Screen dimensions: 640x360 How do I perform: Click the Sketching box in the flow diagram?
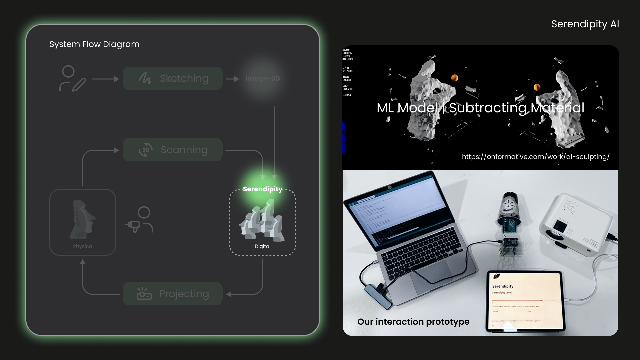(x=173, y=78)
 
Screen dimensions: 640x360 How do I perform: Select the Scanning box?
(x=173, y=150)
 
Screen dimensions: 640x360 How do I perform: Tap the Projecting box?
(x=173, y=294)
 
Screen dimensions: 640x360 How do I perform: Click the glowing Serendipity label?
(x=263, y=189)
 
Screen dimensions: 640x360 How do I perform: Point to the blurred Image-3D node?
(x=263, y=79)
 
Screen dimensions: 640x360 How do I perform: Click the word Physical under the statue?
(x=83, y=246)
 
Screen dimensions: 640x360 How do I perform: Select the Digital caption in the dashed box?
(x=263, y=246)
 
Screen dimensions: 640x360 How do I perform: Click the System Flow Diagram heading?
(x=94, y=44)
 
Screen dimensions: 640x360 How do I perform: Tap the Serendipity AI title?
(x=585, y=24)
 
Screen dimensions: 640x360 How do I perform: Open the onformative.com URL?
(x=536, y=157)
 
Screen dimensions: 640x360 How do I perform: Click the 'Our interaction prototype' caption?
(x=413, y=322)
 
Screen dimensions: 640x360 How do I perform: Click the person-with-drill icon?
(x=140, y=220)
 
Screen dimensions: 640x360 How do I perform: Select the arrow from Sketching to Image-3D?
(x=232, y=79)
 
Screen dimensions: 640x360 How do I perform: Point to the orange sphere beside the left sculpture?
(x=455, y=78)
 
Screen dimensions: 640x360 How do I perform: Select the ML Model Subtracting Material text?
(x=480, y=108)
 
